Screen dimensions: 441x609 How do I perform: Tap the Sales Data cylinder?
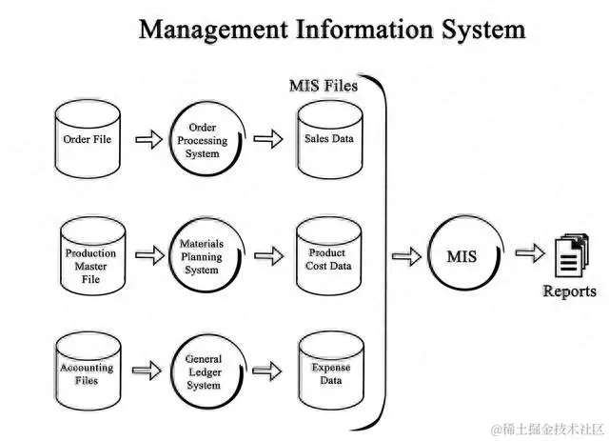coord(328,139)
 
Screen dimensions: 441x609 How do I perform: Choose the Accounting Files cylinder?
coord(87,371)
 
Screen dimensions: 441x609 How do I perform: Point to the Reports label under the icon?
coord(569,291)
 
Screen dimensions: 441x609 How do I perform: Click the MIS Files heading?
coord(323,86)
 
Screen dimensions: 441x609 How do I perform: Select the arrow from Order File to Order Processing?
coord(147,141)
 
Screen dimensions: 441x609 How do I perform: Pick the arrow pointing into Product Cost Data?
coord(270,256)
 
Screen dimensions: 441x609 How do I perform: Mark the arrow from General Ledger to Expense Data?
coord(270,371)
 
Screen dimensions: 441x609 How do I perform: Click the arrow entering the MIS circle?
coord(406,255)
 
